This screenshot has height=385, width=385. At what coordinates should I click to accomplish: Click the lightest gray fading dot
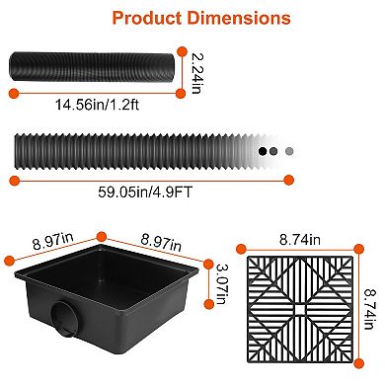(x=289, y=151)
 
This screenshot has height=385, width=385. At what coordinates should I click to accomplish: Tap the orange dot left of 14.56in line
(x=13, y=93)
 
